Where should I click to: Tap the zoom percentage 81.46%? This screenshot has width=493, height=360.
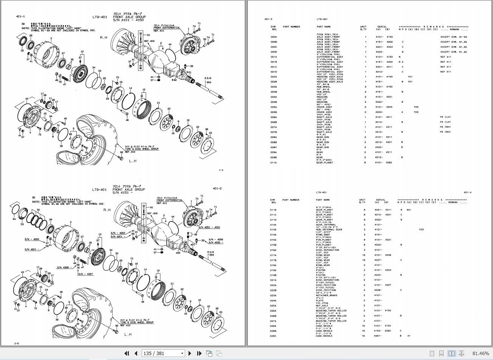click(x=480, y=354)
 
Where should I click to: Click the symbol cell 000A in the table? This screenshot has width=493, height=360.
click(x=274, y=37)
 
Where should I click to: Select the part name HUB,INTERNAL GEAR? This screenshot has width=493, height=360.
click(x=329, y=230)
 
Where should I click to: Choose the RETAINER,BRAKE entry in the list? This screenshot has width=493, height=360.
click(x=326, y=295)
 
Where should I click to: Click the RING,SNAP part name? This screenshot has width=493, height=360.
click(x=323, y=235)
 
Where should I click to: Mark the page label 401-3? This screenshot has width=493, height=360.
click(x=268, y=19)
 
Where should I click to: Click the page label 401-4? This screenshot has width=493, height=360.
click(x=467, y=192)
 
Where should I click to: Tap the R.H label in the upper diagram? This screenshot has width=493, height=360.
click(x=104, y=37)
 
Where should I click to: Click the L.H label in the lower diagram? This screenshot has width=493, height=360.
click(x=128, y=334)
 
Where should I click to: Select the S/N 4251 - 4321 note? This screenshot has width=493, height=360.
click(x=209, y=227)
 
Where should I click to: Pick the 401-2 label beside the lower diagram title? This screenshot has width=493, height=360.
click(x=217, y=188)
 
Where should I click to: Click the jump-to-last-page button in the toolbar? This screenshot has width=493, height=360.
click(x=199, y=354)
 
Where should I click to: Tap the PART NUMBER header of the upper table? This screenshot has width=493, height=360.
click(x=291, y=27)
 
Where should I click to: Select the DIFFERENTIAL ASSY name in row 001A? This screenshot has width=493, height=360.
click(x=329, y=57)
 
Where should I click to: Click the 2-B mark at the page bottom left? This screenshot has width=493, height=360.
click(x=17, y=343)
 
